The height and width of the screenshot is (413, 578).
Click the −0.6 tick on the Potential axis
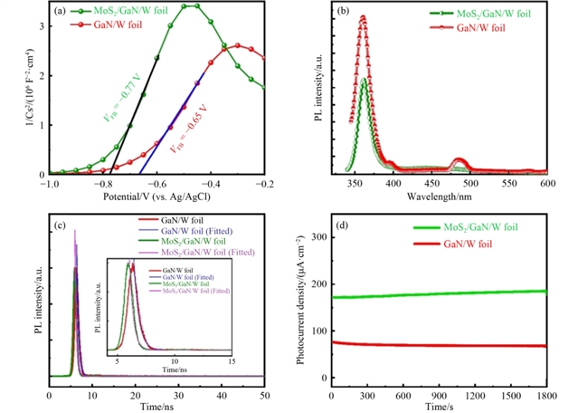pyautogui.click(x=156, y=184)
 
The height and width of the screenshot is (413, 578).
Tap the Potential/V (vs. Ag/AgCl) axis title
pyautogui.click(x=156, y=197)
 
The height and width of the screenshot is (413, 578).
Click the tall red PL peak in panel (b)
pyautogui.click(x=337, y=18)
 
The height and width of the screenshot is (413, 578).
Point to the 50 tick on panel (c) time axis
pyautogui.click(x=263, y=395)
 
